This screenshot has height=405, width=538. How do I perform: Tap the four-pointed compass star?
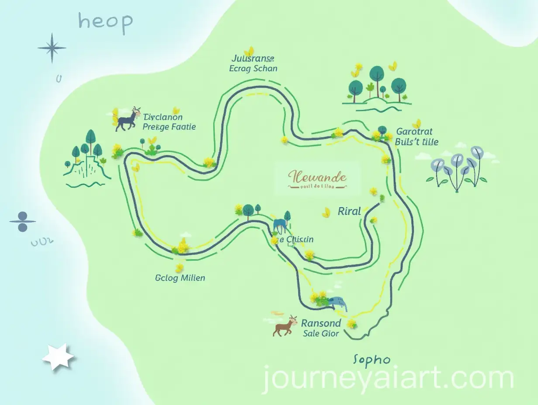[52, 48]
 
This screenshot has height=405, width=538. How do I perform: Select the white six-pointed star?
[58, 357]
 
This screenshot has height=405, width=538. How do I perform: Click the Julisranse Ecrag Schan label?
[253, 63]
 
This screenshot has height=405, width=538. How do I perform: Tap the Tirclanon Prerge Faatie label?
[169, 122]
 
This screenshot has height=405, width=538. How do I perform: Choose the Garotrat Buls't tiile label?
[417, 136]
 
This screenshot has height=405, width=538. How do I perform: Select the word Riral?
[349, 212]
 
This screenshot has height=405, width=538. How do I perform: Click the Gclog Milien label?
[180, 278]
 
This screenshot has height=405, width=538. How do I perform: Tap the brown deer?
[285, 326]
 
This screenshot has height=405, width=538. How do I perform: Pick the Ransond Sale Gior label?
[321, 328]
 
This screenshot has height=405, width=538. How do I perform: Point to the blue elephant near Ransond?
[338, 302]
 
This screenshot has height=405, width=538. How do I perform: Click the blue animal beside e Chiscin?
[280, 225]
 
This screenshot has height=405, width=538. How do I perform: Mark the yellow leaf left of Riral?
[326, 213]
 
